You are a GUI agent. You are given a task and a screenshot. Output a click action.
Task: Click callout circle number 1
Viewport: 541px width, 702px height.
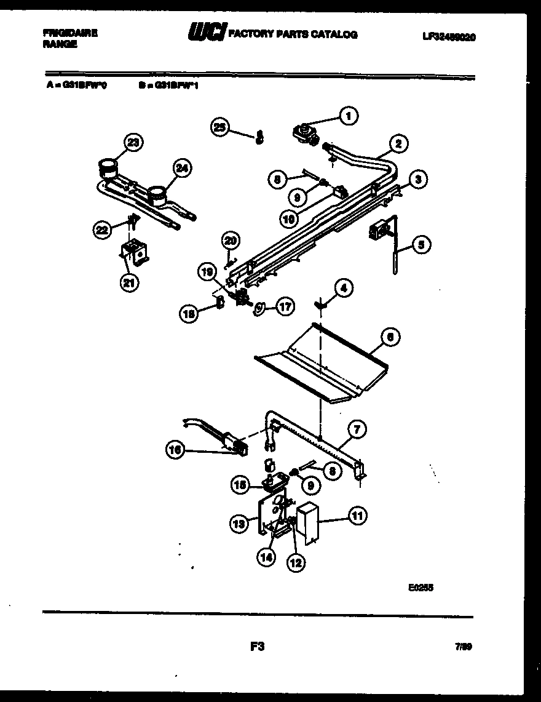349,115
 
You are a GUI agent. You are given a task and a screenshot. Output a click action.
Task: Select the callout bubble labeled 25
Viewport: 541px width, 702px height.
219,127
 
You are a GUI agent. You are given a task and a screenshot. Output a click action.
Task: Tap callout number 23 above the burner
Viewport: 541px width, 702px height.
132,143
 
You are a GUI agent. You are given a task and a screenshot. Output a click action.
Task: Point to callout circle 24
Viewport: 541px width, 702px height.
183,168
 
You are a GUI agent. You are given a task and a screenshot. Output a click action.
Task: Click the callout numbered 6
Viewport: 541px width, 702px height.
390,337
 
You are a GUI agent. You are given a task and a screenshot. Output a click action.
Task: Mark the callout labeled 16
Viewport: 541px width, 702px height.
175,451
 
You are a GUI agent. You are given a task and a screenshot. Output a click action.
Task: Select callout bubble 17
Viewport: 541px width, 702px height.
285,306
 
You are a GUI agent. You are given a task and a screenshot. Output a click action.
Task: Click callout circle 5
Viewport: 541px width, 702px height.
421,245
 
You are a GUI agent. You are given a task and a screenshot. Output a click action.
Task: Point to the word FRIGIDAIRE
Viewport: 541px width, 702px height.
71,33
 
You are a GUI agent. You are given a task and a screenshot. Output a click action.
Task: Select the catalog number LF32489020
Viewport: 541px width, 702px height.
448,37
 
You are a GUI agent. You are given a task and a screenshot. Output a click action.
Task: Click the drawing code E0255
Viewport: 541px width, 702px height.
421,588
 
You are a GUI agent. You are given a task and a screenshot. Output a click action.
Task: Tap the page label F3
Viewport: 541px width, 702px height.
258,646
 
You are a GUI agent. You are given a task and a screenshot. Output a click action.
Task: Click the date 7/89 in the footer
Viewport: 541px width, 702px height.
464,647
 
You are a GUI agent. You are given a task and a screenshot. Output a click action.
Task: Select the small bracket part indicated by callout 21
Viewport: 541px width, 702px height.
134,252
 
